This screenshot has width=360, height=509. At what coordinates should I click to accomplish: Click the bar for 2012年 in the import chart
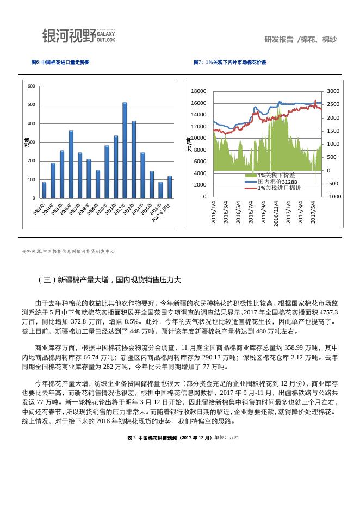[x=125, y=150]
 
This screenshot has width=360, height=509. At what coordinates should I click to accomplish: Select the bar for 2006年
[x=71, y=164]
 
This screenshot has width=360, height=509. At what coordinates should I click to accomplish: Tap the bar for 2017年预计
[x=169, y=187]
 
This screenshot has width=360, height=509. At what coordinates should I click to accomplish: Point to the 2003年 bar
[x=44, y=190]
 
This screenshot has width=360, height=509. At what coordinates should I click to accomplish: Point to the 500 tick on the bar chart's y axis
[x=32, y=105]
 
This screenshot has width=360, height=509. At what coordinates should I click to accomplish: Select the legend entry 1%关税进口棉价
[x=279, y=188]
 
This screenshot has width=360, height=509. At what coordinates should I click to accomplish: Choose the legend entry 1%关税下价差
[x=276, y=175]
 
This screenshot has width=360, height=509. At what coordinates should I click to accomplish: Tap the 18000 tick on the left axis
[x=199, y=91]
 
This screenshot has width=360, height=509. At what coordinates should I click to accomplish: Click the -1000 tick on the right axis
[x=333, y=196]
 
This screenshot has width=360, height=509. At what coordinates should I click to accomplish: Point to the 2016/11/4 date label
[x=276, y=213]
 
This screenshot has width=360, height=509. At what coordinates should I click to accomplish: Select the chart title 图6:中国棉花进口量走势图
[x=60, y=63]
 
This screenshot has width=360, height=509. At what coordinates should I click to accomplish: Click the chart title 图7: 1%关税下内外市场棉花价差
[x=230, y=63]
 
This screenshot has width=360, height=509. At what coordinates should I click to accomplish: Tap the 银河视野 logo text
[x=69, y=36]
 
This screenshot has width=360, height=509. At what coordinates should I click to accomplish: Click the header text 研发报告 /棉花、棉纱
[x=300, y=40]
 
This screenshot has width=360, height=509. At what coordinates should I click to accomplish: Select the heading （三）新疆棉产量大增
[x=109, y=280]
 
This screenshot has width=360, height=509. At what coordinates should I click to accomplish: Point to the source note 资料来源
[x=68, y=252]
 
